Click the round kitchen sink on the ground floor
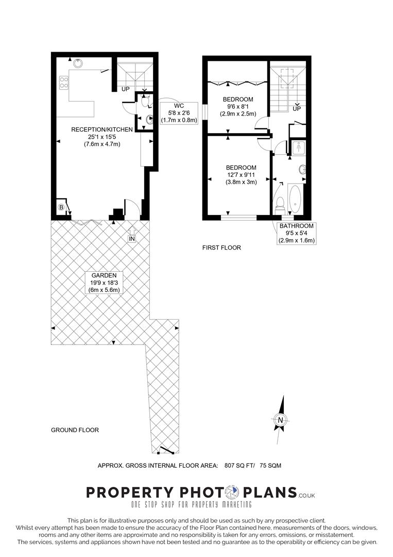(x=78, y=63)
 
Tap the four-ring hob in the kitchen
(x=64, y=83)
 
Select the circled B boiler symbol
(x=61, y=207)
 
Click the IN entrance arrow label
(x=132, y=238)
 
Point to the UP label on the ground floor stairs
(x=126, y=89)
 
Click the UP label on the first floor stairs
(x=297, y=109)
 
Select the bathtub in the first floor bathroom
(x=296, y=200)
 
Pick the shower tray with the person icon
(x=299, y=148)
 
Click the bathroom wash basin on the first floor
(x=302, y=169)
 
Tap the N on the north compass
(x=280, y=420)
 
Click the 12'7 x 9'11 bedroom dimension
(x=241, y=175)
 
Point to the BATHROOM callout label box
(x=296, y=233)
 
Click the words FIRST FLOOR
(x=221, y=248)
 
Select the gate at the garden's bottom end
(x=166, y=450)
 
